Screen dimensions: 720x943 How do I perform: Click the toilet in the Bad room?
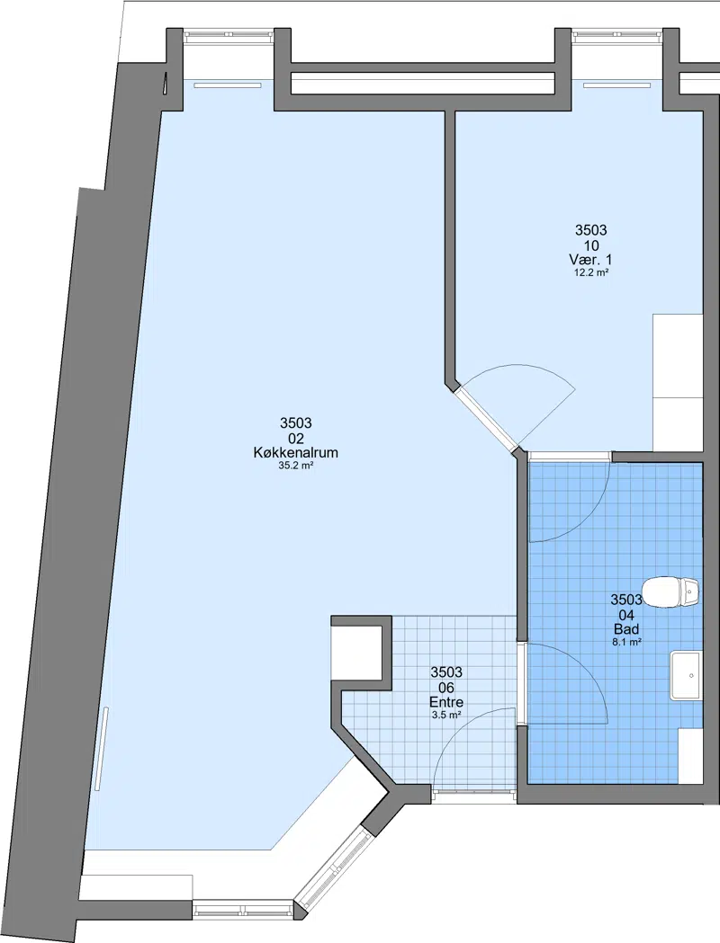[x=670, y=592]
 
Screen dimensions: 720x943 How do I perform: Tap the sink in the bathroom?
[x=686, y=675]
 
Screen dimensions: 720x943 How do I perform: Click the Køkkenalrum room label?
[x=295, y=453]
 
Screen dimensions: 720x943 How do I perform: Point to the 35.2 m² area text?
[x=295, y=466]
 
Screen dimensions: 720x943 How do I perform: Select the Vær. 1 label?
[x=590, y=260]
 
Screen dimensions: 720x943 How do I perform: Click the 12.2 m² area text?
[x=590, y=272]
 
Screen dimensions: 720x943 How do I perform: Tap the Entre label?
[x=446, y=702]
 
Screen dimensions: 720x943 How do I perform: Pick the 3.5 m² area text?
[x=446, y=715]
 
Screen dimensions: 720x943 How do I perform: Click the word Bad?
[x=626, y=629]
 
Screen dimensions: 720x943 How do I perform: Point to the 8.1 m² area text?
[x=626, y=642]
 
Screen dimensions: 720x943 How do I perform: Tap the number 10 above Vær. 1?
[x=590, y=245]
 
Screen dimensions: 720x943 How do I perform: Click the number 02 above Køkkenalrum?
[x=295, y=439]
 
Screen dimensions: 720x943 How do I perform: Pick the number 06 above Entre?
[x=446, y=688]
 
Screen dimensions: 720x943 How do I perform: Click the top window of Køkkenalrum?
[x=229, y=35]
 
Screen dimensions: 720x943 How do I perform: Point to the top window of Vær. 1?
[x=617, y=35]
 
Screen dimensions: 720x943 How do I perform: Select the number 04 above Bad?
[x=626, y=615]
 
